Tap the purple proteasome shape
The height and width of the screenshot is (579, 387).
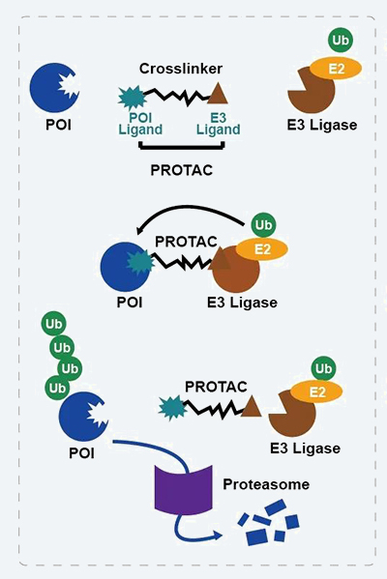click(x=183, y=486)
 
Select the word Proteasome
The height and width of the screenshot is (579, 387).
click(x=265, y=483)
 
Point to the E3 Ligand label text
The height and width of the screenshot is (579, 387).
click(x=219, y=123)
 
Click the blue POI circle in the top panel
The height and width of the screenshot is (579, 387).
click(x=55, y=88)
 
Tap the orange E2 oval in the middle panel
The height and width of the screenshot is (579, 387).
click(x=262, y=249)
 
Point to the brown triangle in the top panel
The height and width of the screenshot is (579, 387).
click(x=220, y=95)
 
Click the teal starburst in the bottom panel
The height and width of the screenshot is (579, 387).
click(x=170, y=409)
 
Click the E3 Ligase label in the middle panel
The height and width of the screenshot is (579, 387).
click(x=242, y=304)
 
